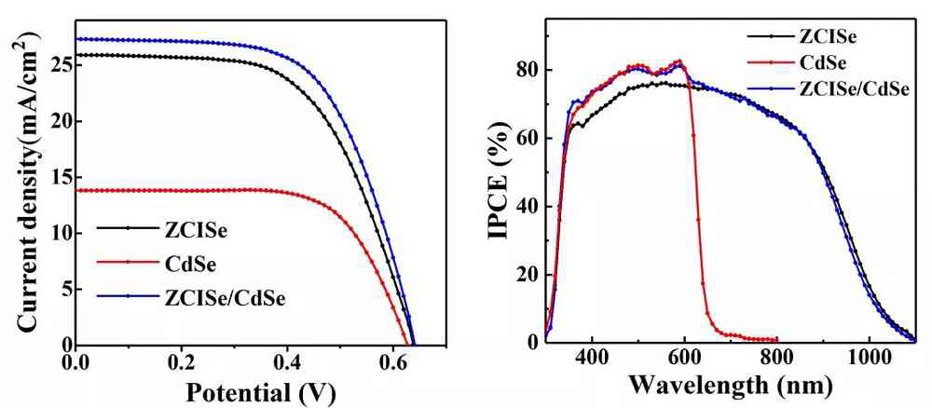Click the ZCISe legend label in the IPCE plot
pyautogui.click(x=827, y=38)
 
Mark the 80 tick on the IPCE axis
pyautogui.click(x=529, y=71)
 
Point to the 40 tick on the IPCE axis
pyautogui.click(x=529, y=207)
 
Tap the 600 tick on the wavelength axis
pyautogui.click(x=683, y=359)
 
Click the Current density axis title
pyautogui.click(x=28, y=181)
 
